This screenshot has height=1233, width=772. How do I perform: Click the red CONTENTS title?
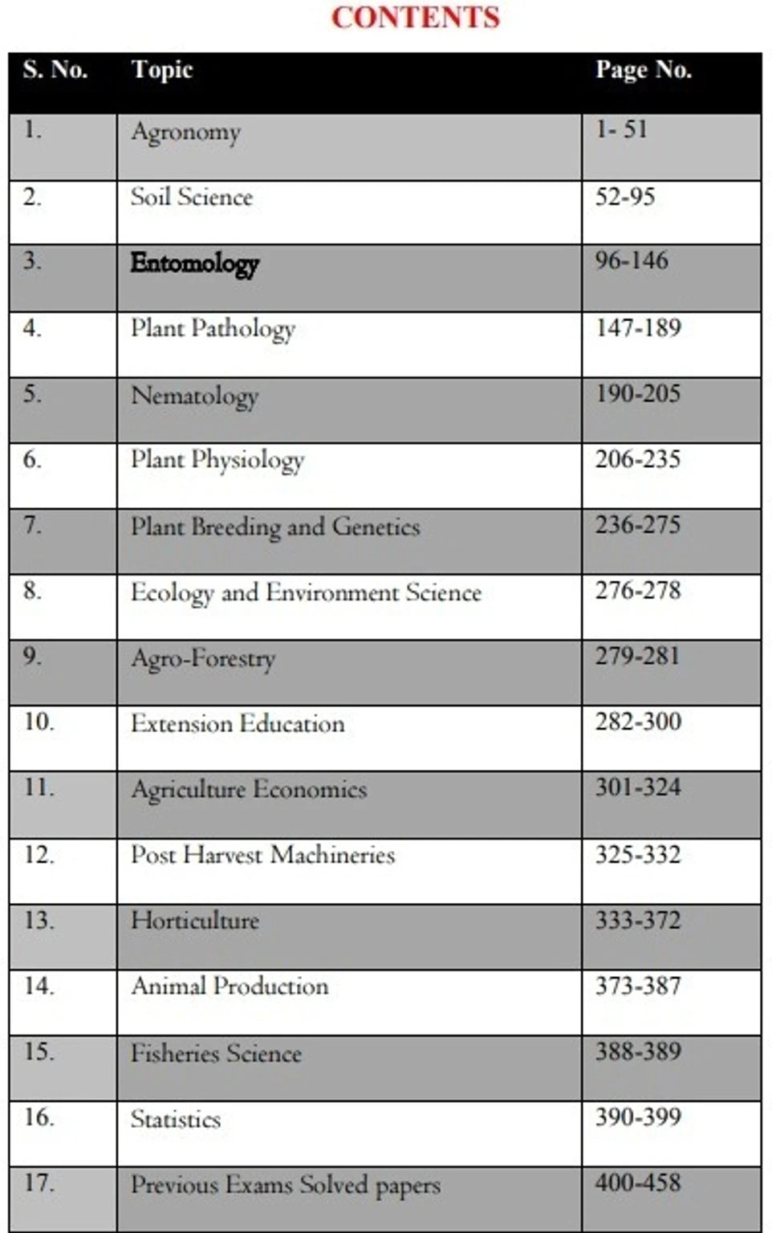[x=416, y=17]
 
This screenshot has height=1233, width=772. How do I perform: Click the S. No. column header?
[x=55, y=70]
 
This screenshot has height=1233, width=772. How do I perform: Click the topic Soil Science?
[x=192, y=197]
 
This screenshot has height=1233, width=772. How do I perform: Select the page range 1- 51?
[x=621, y=129]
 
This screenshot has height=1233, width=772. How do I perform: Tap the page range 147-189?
[x=638, y=328]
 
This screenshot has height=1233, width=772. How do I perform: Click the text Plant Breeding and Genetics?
[x=276, y=527]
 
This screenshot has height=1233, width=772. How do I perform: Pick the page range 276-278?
[x=638, y=591]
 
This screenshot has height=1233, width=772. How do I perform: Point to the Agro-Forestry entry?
[x=203, y=659]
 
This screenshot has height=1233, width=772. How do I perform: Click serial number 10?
[x=39, y=722]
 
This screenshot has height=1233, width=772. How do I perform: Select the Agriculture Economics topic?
[x=249, y=790]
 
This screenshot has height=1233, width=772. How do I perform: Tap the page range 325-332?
[x=638, y=855]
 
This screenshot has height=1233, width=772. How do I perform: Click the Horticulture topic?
[x=195, y=921]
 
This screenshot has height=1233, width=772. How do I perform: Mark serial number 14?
[x=39, y=986]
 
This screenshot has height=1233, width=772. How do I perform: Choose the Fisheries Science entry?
[x=216, y=1053]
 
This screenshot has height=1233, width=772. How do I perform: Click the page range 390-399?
[x=638, y=1117]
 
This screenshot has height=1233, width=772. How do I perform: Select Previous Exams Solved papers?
[x=286, y=1186]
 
